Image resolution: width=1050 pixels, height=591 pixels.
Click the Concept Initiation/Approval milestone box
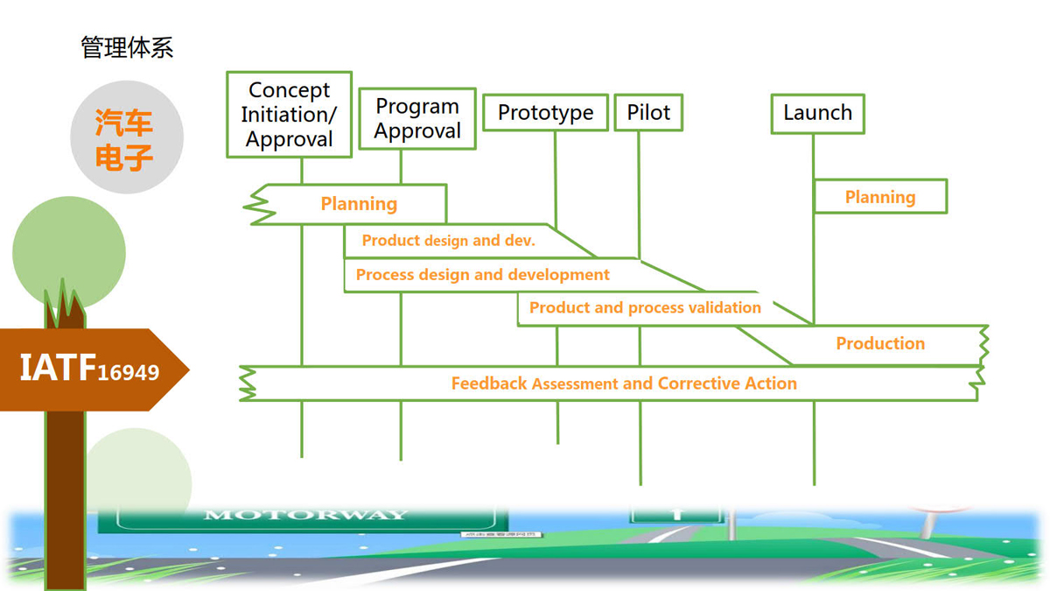[x=289, y=115]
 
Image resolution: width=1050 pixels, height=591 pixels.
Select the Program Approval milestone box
[x=417, y=119]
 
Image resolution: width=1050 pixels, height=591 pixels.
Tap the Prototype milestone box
[x=545, y=113]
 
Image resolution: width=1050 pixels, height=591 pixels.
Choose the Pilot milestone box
[x=648, y=113]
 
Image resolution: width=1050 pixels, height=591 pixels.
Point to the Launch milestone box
[x=817, y=113]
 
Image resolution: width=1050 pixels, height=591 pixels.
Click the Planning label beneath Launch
[x=880, y=197]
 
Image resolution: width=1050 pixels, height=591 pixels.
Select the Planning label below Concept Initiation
[x=359, y=204]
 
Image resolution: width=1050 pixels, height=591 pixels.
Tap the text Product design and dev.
[x=448, y=241]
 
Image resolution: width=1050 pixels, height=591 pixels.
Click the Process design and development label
[x=483, y=275]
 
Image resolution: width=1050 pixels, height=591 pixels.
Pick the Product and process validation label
[x=645, y=308]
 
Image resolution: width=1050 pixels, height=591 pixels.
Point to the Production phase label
[x=880, y=344]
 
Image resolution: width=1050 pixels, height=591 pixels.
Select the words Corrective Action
[x=727, y=383]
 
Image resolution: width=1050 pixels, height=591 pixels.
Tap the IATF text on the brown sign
[x=58, y=369]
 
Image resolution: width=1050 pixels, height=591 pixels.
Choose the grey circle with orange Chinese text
[x=127, y=137]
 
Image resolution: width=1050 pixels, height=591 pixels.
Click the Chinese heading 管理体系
[x=127, y=47]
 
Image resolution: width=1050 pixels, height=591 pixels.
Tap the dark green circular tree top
[x=69, y=253]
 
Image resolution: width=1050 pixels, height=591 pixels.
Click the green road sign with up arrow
[x=676, y=514]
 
